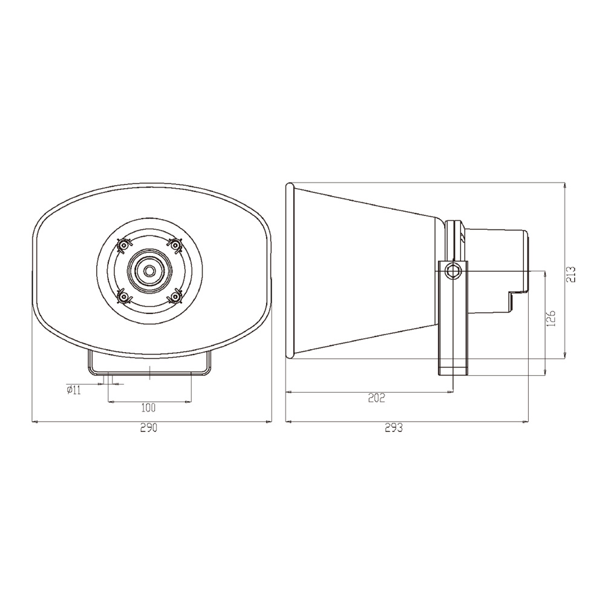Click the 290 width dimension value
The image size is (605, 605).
[x=149, y=428]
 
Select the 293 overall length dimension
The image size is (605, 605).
[x=394, y=428]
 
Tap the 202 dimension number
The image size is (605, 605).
[x=376, y=397]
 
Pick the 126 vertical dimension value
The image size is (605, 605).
[x=551, y=319]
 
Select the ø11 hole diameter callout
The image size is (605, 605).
[x=74, y=390]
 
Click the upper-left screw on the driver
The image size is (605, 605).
[x=123, y=245]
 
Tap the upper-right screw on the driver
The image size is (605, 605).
[x=176, y=244]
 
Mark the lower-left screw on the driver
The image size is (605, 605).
[x=123, y=297]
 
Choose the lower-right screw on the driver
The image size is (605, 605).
[x=176, y=297]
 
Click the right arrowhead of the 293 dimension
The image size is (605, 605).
[x=526, y=421]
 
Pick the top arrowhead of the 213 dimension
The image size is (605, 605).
[x=564, y=185]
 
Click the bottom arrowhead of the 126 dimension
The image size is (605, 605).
[x=546, y=371]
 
